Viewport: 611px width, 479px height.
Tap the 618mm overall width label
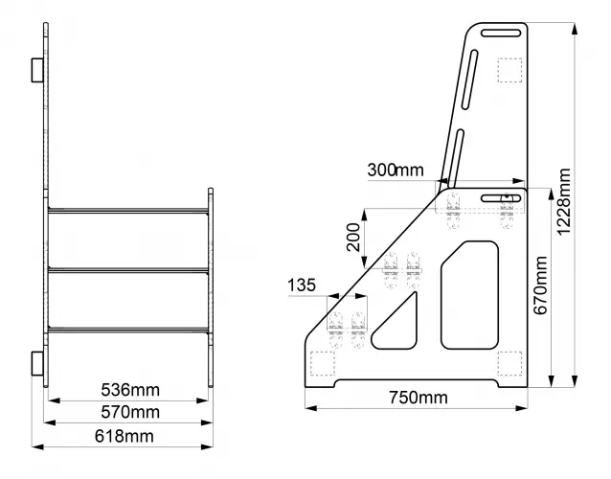pos(125,437)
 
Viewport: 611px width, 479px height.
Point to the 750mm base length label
pos(418,398)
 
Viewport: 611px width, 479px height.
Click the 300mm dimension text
pos(395,171)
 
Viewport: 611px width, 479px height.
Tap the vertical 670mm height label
pos(541,286)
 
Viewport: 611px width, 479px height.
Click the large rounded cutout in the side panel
pos(470,294)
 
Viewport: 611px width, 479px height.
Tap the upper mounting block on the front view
pos(36,69)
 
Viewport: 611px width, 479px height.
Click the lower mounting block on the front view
pos(36,363)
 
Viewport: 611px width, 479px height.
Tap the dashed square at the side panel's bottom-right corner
pos(509,363)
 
